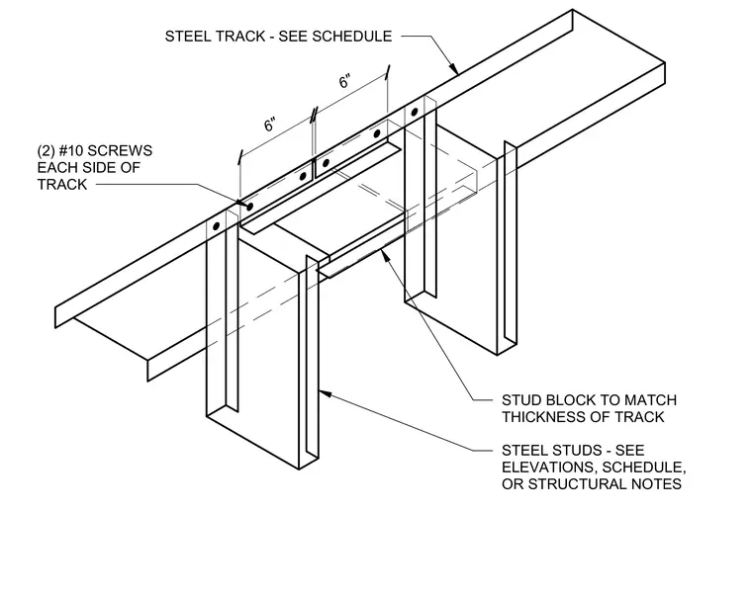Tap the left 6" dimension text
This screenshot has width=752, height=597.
(270, 125)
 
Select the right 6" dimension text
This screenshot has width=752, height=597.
(344, 81)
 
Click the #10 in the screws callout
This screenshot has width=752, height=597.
(71, 151)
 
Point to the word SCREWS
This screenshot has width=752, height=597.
(120, 151)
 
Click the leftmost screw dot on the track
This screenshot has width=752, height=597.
(217, 226)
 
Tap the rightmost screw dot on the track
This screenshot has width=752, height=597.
(415, 112)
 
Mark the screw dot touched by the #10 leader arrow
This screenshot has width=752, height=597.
(249, 207)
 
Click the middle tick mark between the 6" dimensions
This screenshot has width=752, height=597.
(314, 114)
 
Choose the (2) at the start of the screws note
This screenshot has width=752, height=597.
(46, 151)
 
